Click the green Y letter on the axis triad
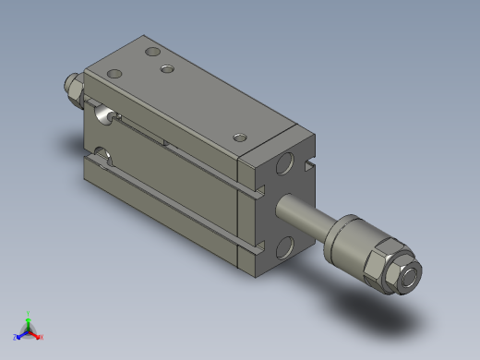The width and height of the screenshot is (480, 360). (x=29, y=313)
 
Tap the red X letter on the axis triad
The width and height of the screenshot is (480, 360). (x=42, y=337)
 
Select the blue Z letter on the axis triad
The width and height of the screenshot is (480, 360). (x=16, y=337)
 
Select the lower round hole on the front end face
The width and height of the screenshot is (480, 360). (x=285, y=246)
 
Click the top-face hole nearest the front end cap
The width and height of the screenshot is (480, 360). (x=240, y=138)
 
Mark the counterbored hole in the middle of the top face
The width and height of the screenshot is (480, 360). (x=167, y=69)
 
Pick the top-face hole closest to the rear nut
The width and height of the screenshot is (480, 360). (x=114, y=74)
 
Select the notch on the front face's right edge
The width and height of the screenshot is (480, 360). (x=309, y=167)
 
